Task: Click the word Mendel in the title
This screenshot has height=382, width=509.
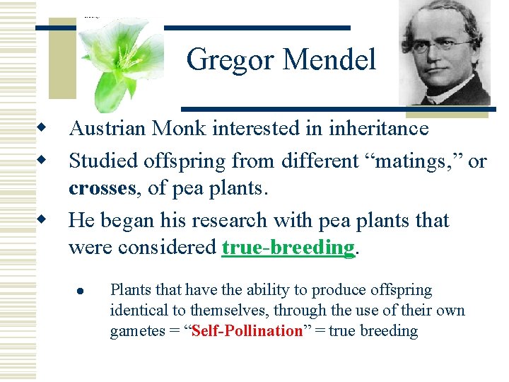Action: (x=329, y=60)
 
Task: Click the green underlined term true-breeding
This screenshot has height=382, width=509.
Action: (x=288, y=248)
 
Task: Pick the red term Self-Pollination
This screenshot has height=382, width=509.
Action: (x=247, y=331)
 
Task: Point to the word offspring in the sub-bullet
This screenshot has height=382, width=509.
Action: (x=401, y=290)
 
